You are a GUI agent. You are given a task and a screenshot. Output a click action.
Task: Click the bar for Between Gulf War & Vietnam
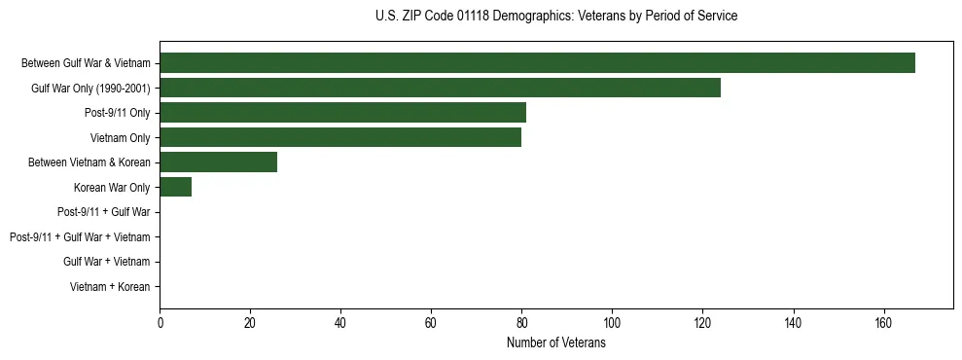(x=537, y=62)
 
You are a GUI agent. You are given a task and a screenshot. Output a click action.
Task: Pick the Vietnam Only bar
(x=340, y=137)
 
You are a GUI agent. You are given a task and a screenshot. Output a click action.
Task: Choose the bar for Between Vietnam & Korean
(x=218, y=162)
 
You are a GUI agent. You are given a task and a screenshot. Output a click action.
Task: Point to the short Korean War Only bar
(x=175, y=187)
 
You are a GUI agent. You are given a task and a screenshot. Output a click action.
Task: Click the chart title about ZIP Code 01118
(x=555, y=17)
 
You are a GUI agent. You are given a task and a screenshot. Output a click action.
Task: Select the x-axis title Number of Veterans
(x=555, y=342)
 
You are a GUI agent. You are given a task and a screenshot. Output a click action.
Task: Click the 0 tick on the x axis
(x=160, y=323)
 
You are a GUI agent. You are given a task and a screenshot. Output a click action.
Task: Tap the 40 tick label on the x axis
(x=340, y=323)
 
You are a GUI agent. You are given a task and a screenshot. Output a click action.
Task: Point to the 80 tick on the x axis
(x=521, y=323)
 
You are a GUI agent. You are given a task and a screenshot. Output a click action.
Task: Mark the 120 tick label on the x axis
(x=702, y=323)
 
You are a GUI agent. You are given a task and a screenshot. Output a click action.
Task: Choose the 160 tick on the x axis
(x=883, y=323)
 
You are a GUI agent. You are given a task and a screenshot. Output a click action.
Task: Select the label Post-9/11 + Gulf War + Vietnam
(x=80, y=237)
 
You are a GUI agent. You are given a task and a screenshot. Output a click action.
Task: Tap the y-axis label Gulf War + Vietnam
(x=107, y=262)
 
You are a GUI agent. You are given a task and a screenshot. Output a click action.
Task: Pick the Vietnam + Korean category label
(x=110, y=287)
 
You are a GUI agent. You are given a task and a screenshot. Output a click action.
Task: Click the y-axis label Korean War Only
(x=112, y=187)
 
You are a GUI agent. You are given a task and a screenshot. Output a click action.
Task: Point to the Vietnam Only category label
(x=121, y=137)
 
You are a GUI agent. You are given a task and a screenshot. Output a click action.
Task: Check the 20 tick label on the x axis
(x=250, y=323)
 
